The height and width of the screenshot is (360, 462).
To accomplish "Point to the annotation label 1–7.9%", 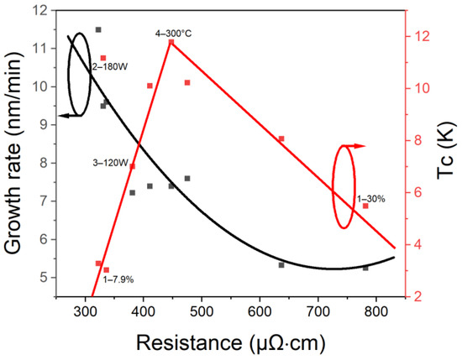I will click(x=118, y=279).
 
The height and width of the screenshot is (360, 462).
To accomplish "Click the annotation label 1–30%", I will click(x=371, y=199).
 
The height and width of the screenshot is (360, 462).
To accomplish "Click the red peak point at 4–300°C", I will click(x=171, y=42).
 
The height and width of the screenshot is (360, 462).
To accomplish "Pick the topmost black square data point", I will click(x=98, y=29).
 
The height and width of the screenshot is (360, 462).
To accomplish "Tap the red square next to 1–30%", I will click(x=365, y=206).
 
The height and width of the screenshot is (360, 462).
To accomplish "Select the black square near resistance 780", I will click(x=365, y=268).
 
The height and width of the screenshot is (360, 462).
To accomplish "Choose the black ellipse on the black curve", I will click(x=79, y=74).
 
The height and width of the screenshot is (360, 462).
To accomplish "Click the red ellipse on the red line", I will click(x=344, y=185).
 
